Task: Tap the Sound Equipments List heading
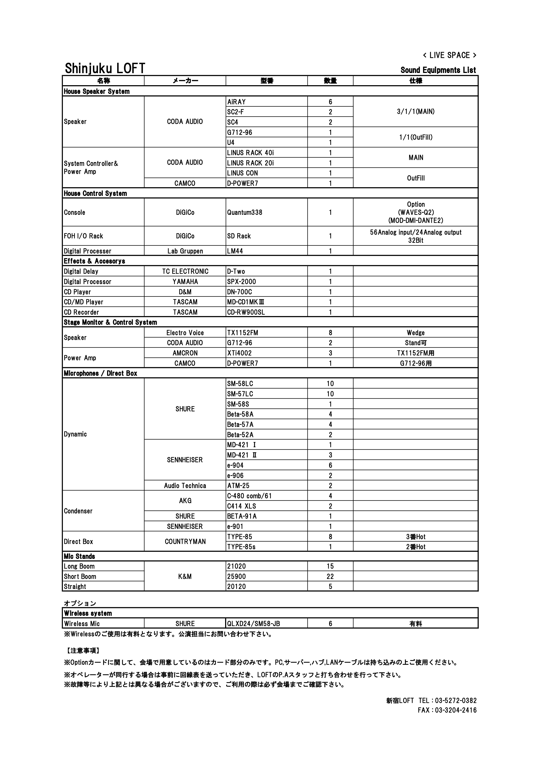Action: point(438,70)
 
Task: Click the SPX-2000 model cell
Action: point(241,282)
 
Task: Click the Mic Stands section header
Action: point(79,557)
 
